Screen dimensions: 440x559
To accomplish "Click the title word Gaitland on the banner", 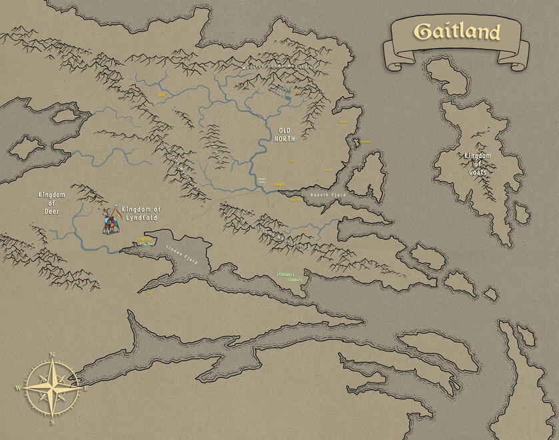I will click(x=456, y=31).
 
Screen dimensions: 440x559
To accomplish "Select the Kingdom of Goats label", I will click(x=478, y=164).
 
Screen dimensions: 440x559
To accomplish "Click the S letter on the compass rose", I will click(x=52, y=422).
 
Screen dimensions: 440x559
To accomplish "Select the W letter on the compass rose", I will click(x=19, y=388).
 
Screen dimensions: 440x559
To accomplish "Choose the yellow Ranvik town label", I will click(x=280, y=185).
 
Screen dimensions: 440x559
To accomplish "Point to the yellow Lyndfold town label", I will click(x=145, y=239).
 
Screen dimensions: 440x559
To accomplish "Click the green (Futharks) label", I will click(x=286, y=274).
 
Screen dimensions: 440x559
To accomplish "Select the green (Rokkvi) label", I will click(x=295, y=280).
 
